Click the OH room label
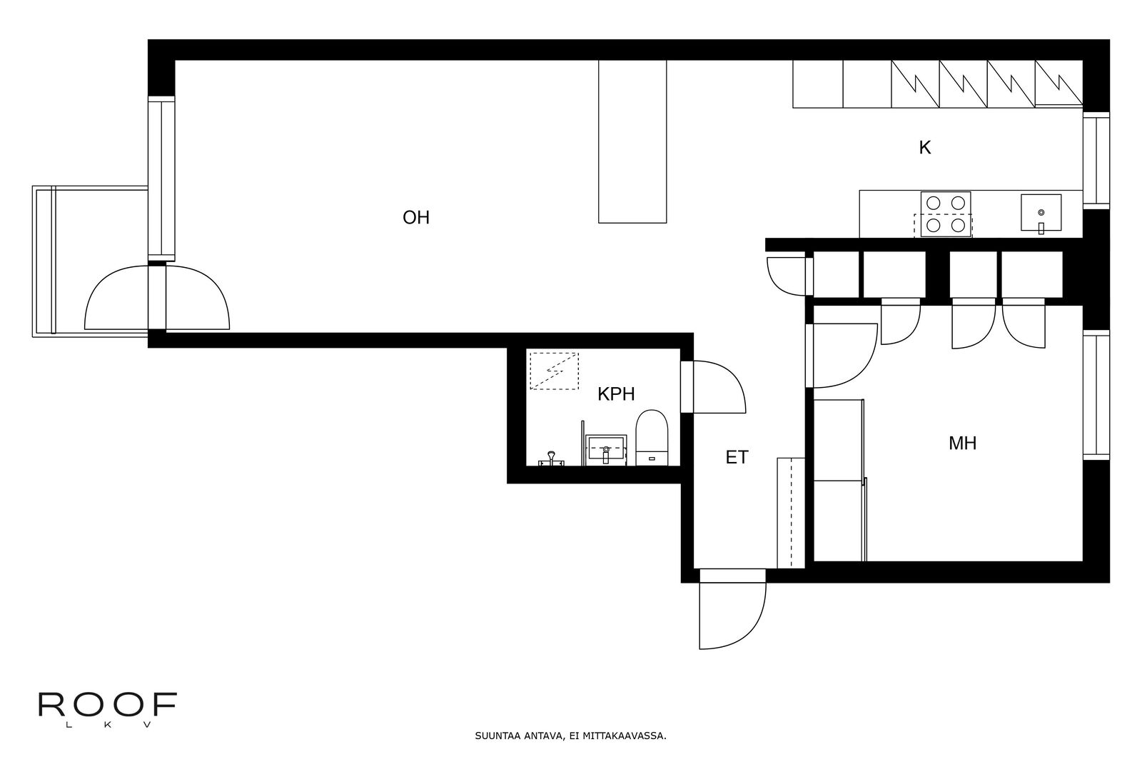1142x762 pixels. (x=416, y=218)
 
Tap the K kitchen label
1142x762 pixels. (x=925, y=148)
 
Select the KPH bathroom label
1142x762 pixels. (x=616, y=394)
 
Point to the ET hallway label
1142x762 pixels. (x=737, y=458)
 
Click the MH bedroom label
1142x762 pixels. (x=963, y=443)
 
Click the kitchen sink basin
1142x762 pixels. (x=1041, y=212)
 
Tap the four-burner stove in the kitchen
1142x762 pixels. (x=945, y=214)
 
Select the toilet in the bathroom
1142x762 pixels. (x=652, y=438)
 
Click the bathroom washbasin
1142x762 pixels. (x=606, y=450)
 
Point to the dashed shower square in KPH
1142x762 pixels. (x=554, y=371)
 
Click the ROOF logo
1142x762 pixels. (x=108, y=709)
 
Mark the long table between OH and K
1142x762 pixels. (x=632, y=141)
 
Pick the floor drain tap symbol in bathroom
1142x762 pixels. (x=551, y=458)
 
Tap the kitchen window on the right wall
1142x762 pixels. (x=1096, y=160)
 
